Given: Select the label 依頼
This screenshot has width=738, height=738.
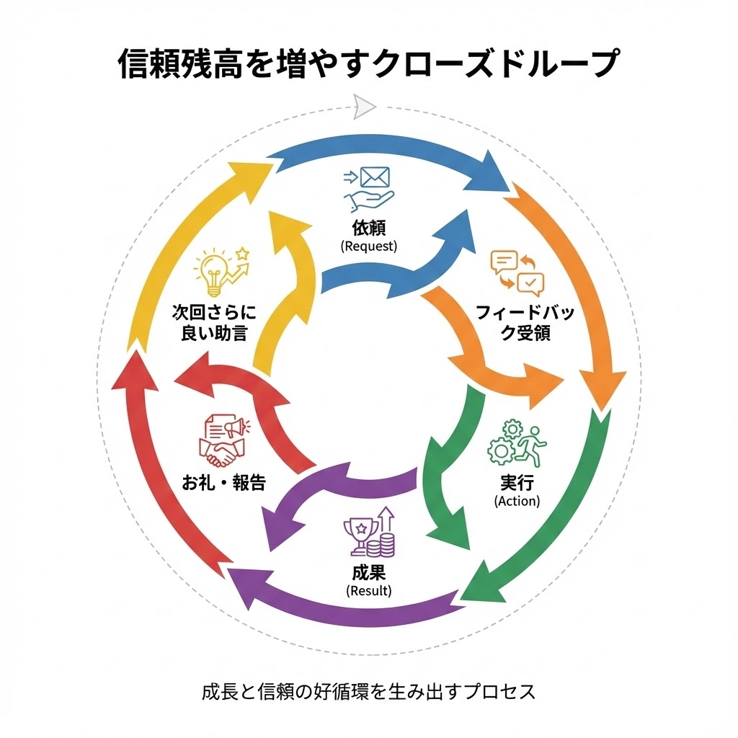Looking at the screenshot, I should (368, 228).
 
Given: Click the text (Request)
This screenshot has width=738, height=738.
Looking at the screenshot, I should (368, 246).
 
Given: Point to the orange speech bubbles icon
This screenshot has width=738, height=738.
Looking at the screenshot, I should (517, 270).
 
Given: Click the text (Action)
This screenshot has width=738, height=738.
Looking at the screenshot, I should (517, 501).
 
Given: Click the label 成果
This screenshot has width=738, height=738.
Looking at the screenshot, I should (368, 574).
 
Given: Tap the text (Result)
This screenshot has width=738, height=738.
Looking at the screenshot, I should (368, 591).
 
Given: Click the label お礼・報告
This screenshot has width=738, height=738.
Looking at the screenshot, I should (223, 482).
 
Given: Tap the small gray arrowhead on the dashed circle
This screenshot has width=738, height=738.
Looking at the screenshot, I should (365, 107).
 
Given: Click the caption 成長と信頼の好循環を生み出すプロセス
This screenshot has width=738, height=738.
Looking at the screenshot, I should (368, 692).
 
